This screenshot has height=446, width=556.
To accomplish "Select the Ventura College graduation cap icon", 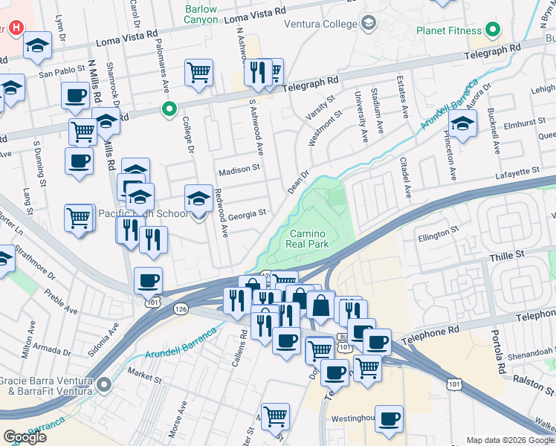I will click(367, 25).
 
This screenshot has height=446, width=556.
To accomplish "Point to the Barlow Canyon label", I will click(201, 15).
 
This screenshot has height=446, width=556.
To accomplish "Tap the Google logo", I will click(25, 437).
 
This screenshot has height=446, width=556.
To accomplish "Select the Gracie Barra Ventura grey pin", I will click(103, 384).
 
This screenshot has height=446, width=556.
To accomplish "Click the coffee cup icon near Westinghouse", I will click(389, 418).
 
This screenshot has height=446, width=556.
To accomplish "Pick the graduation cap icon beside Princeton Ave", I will click(462, 125).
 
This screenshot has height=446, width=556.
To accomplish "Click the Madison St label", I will click(239, 169).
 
